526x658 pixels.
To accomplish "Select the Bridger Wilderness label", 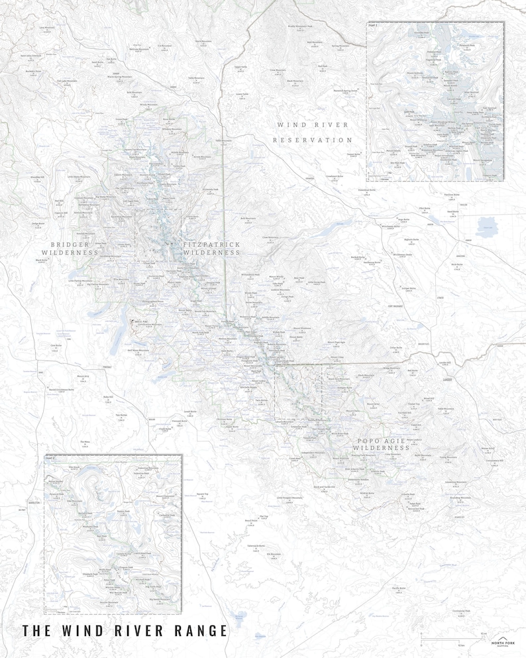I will click(70, 248).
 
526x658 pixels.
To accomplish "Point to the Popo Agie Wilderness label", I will click(382, 444).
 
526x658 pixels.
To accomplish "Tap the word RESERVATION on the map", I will click(312, 140).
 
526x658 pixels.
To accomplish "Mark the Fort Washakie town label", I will click(397, 306).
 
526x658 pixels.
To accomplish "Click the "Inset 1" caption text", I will click(372, 25).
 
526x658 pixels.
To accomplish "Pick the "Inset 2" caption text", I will click(50, 457).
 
